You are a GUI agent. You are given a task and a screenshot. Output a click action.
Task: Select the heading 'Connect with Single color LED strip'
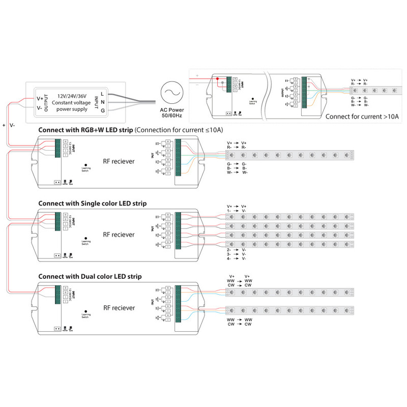[x=93, y=203]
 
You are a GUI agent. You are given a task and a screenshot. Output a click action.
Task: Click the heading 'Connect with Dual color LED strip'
[x=90, y=277]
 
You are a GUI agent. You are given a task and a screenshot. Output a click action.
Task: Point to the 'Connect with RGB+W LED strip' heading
[x=85, y=130]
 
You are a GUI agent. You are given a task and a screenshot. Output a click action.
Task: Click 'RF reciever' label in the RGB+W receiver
[x=119, y=161]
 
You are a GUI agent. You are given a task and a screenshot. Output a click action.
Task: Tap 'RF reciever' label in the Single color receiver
[x=119, y=235]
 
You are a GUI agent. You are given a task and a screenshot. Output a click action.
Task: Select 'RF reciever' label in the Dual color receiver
[x=119, y=308]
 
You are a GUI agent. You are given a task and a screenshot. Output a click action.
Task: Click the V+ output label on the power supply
[x=40, y=98]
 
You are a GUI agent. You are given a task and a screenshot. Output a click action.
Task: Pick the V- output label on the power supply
[x=40, y=108]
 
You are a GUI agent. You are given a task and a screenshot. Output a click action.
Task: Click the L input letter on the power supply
[x=102, y=94]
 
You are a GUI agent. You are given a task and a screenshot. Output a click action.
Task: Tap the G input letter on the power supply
[x=102, y=110]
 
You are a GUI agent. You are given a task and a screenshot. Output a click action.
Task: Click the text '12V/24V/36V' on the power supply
[x=73, y=96]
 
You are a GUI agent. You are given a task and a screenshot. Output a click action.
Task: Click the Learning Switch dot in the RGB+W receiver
[x=85, y=164]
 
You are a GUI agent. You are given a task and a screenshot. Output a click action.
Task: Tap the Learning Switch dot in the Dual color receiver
[x=85, y=310]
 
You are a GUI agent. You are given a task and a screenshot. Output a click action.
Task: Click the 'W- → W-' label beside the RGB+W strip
[x=237, y=172]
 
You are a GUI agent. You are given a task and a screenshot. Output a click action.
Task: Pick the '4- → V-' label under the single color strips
[x=237, y=258]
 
